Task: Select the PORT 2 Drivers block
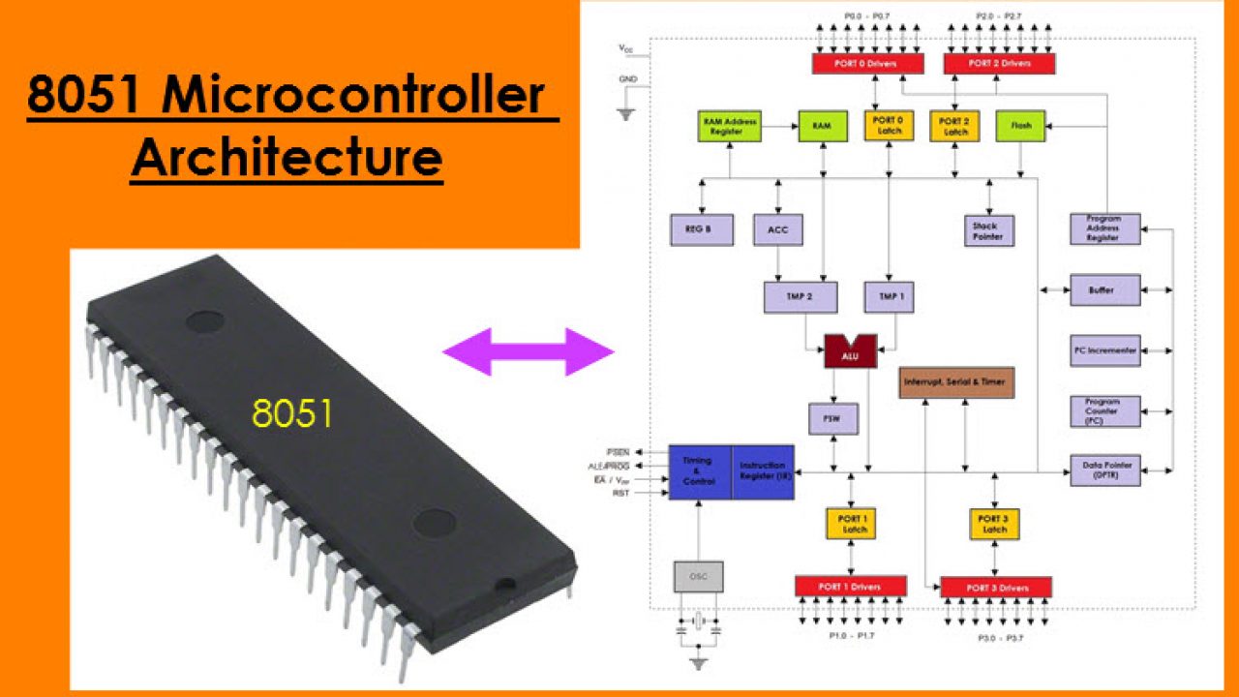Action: tap(999, 64)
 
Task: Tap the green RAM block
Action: tap(822, 126)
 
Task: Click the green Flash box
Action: tap(1020, 126)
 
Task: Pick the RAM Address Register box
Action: tap(731, 126)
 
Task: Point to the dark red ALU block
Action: tap(850, 351)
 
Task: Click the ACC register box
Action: tap(777, 229)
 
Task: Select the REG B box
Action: tap(702, 229)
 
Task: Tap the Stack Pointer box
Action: tap(988, 229)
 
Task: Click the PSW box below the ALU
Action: tap(833, 418)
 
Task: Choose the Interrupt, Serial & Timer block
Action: tap(956, 382)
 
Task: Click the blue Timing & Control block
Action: tap(700, 471)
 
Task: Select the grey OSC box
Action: tap(698, 576)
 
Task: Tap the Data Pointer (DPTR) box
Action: tap(1105, 470)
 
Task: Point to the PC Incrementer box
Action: tap(1105, 349)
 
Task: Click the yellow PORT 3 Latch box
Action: tap(995, 524)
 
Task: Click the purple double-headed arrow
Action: tap(529, 351)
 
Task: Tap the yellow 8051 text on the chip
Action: tap(292, 413)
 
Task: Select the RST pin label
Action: tap(620, 494)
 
